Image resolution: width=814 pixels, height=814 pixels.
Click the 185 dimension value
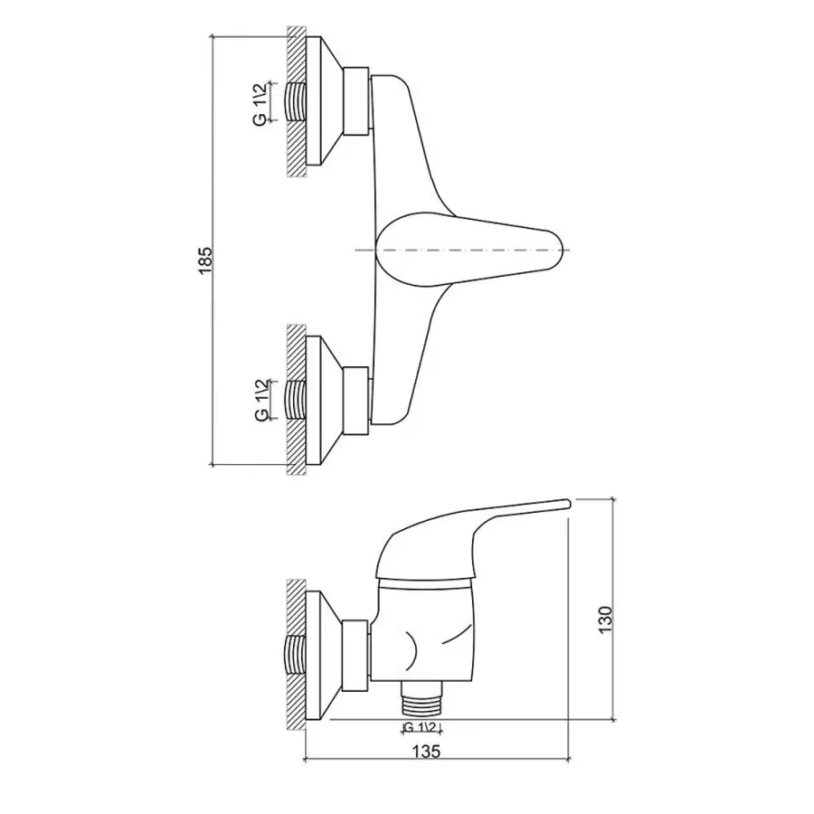coord(204,261)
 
